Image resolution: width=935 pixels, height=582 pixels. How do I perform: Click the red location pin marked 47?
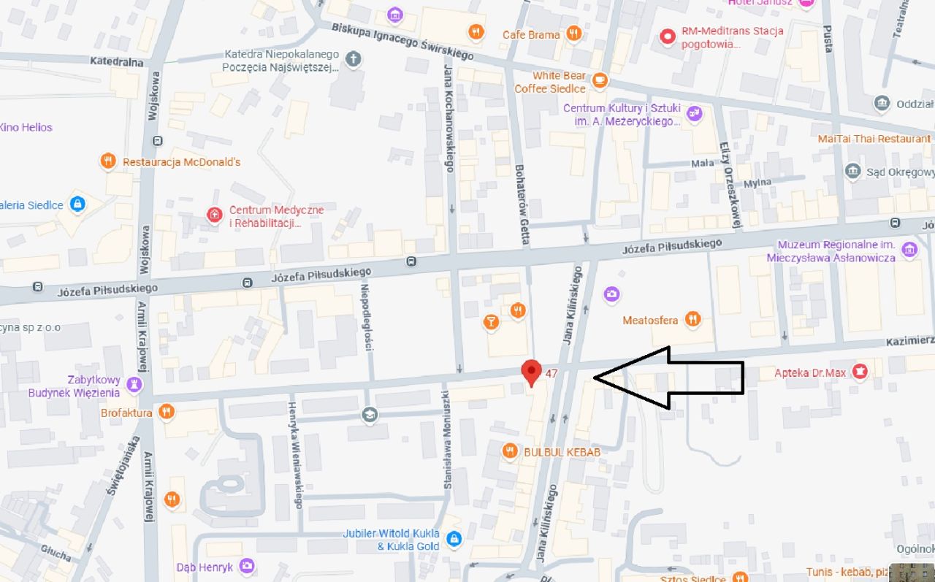pos(532,371)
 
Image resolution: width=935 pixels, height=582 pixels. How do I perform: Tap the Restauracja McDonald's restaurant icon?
pos(108,161)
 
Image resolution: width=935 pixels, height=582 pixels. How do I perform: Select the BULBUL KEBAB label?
pos(562,452)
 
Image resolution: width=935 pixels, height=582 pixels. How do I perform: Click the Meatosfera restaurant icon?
pos(692,319)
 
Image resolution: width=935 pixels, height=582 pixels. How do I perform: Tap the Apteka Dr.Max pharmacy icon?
pos(860,372)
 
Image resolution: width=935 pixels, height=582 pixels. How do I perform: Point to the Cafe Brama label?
pos(531,34)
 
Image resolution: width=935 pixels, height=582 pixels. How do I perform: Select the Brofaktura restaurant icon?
pos(167,413)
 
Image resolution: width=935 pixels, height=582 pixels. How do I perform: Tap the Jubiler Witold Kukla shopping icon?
pos(454,539)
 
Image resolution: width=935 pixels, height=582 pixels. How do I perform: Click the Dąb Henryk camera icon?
pos(247,566)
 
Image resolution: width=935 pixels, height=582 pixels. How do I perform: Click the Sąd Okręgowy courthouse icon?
pos(852,172)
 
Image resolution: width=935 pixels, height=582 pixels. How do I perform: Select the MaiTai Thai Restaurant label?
pos(874,139)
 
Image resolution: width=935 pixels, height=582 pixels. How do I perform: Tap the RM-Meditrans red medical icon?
pos(667,36)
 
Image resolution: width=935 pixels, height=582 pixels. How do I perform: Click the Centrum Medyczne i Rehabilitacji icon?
pos(214,215)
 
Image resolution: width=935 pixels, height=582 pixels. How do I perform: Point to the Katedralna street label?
pos(117,62)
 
